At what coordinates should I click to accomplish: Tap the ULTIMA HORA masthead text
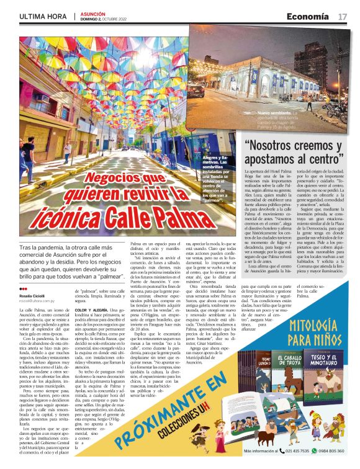(x=42, y=16)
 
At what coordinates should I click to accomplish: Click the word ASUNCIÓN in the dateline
(x=93, y=12)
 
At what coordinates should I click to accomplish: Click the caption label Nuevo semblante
(x=274, y=114)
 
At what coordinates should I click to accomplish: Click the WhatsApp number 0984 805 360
(x=332, y=451)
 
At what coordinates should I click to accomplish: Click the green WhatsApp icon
(x=314, y=451)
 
